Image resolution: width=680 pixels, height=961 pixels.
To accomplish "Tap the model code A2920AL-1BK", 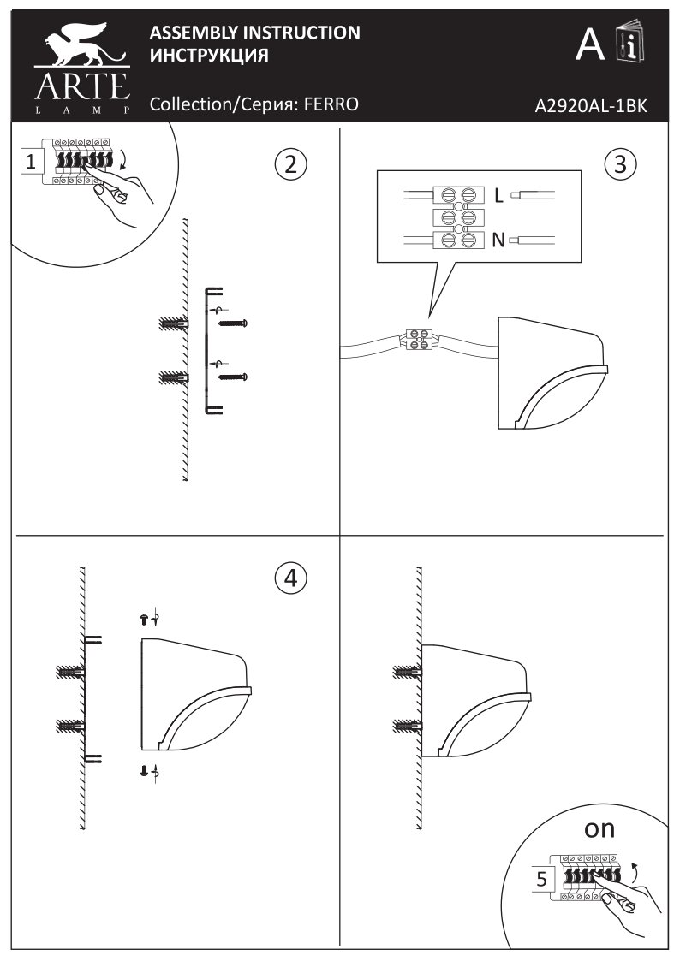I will pos(589,106).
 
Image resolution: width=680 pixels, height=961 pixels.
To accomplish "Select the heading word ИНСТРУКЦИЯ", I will pos(210,56).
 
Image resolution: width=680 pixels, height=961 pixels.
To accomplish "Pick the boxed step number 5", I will pos(540,878).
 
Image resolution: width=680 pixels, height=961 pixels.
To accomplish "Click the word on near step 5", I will pos(599,828).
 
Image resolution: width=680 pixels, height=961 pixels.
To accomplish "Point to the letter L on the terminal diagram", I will pos(498,196).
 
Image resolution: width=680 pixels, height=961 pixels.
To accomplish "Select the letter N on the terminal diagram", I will pos(498,240).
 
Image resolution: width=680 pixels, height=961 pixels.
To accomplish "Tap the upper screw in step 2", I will pos(232,323).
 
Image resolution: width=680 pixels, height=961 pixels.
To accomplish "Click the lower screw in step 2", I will pos(232,376).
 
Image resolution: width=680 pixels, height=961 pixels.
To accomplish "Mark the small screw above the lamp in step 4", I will pos(144,617).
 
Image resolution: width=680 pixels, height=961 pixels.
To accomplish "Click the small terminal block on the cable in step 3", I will pos(419,339).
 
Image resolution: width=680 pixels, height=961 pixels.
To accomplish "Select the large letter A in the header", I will pos(590,44).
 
